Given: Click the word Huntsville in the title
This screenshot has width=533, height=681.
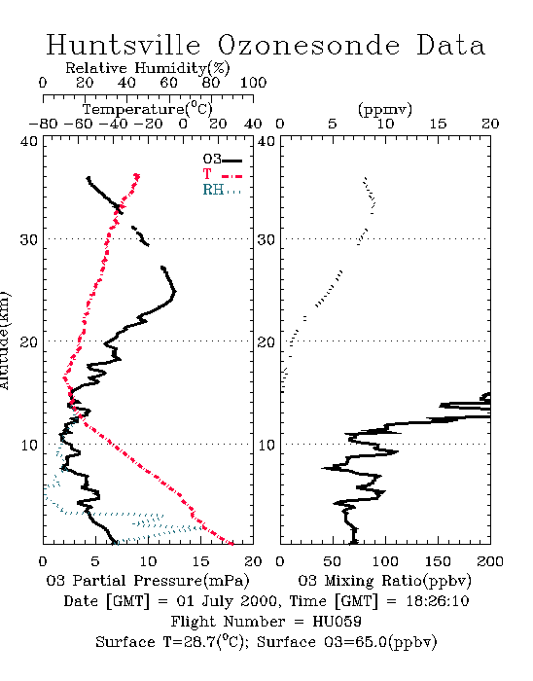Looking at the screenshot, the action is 124,45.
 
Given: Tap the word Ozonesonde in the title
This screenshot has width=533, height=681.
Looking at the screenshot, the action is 307,45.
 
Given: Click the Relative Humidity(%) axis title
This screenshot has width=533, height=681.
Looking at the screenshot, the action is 148,68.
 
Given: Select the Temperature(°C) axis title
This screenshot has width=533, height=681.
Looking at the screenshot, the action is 148,109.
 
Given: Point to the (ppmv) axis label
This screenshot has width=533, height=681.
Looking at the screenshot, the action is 385,109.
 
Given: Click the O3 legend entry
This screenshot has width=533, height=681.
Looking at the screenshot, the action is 222,160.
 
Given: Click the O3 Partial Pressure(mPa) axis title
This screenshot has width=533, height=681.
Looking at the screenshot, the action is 148,581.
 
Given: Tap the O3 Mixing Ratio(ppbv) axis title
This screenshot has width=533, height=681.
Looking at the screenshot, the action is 384,581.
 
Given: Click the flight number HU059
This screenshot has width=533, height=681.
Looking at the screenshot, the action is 337,621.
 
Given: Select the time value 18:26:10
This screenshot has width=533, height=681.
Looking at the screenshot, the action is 438,601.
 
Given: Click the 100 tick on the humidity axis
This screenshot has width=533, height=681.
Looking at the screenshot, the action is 253,83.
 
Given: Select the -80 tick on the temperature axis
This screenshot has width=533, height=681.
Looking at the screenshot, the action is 43,125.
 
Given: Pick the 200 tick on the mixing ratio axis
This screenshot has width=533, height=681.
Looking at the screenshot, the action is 490,561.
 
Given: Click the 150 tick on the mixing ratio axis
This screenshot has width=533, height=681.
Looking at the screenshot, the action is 438,561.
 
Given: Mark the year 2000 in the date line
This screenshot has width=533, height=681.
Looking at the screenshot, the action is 260,601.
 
